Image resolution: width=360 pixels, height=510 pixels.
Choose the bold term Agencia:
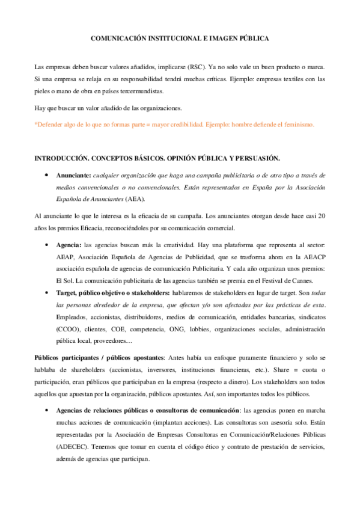click(69, 246)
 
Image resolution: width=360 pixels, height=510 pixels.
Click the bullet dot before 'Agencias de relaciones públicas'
click(46, 410)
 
